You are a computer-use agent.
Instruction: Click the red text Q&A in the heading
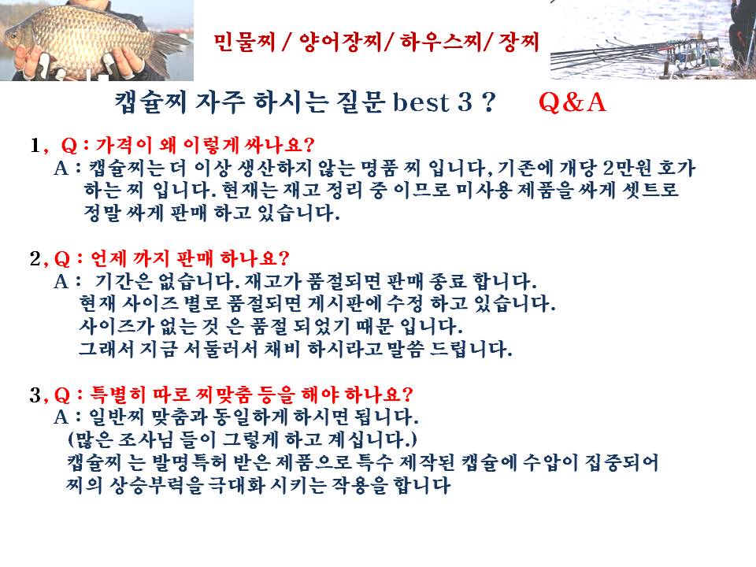(572, 102)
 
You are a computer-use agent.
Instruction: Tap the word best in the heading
(421, 102)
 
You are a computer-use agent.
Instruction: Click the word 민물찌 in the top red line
(244, 42)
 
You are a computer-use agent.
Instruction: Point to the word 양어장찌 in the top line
(340, 42)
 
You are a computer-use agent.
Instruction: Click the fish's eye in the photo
(13, 35)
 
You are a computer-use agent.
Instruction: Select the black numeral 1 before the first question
(35, 145)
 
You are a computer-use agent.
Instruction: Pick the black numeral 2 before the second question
(35, 258)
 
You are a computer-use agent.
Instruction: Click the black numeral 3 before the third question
(35, 395)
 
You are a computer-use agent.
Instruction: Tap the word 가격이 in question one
(124, 145)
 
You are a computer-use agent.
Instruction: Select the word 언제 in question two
(109, 258)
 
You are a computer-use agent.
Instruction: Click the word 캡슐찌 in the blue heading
(151, 102)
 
